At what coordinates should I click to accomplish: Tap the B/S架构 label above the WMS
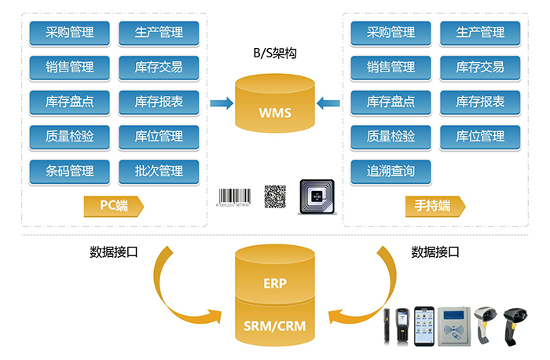point(275,54)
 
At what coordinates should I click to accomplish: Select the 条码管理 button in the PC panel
point(70,171)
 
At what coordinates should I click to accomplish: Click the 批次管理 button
point(159,171)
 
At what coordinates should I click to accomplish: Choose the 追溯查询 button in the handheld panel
point(390,171)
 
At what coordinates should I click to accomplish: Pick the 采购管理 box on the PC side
point(70,32)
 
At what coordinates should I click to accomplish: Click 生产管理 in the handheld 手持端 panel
point(479,32)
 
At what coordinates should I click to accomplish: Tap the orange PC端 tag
point(115,206)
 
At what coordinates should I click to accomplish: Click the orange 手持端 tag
point(436,206)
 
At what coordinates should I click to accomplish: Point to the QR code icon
point(273,195)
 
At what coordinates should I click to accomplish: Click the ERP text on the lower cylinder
point(275,283)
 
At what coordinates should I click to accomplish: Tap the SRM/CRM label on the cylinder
point(275,321)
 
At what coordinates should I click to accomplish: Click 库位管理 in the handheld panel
point(479,136)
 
